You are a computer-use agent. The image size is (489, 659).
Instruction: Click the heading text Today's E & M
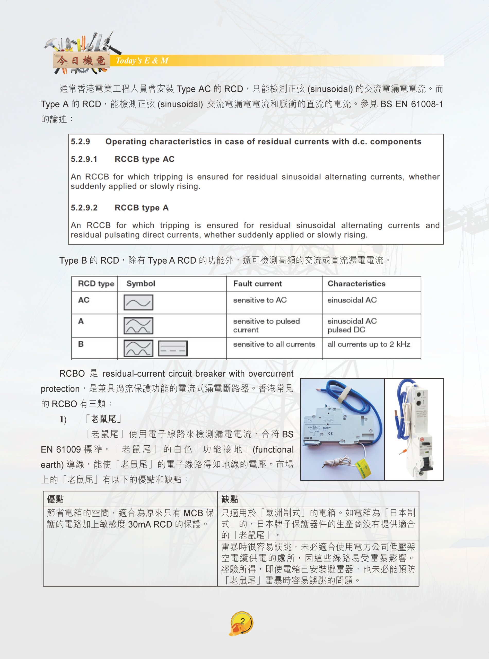click(142, 61)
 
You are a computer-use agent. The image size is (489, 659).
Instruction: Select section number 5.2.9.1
click(84, 159)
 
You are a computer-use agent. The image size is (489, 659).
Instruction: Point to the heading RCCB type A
click(142, 208)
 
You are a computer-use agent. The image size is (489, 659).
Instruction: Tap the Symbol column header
click(141, 284)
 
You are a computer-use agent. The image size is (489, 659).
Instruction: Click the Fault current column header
click(257, 284)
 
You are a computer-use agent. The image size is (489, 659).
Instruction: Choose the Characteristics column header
click(356, 284)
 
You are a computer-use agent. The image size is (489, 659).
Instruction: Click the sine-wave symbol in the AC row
click(138, 302)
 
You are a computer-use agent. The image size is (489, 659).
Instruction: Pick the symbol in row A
click(138, 326)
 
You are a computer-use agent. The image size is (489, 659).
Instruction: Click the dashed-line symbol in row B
click(173, 349)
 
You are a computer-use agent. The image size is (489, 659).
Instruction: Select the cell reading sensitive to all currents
click(274, 344)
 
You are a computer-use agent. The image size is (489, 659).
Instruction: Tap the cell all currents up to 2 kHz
click(369, 344)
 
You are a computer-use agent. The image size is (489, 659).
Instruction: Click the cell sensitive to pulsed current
click(266, 325)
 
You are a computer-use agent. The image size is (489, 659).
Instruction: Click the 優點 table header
click(55, 499)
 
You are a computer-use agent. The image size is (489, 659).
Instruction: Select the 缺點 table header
click(230, 499)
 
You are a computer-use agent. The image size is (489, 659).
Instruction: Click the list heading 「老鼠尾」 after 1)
click(103, 419)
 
